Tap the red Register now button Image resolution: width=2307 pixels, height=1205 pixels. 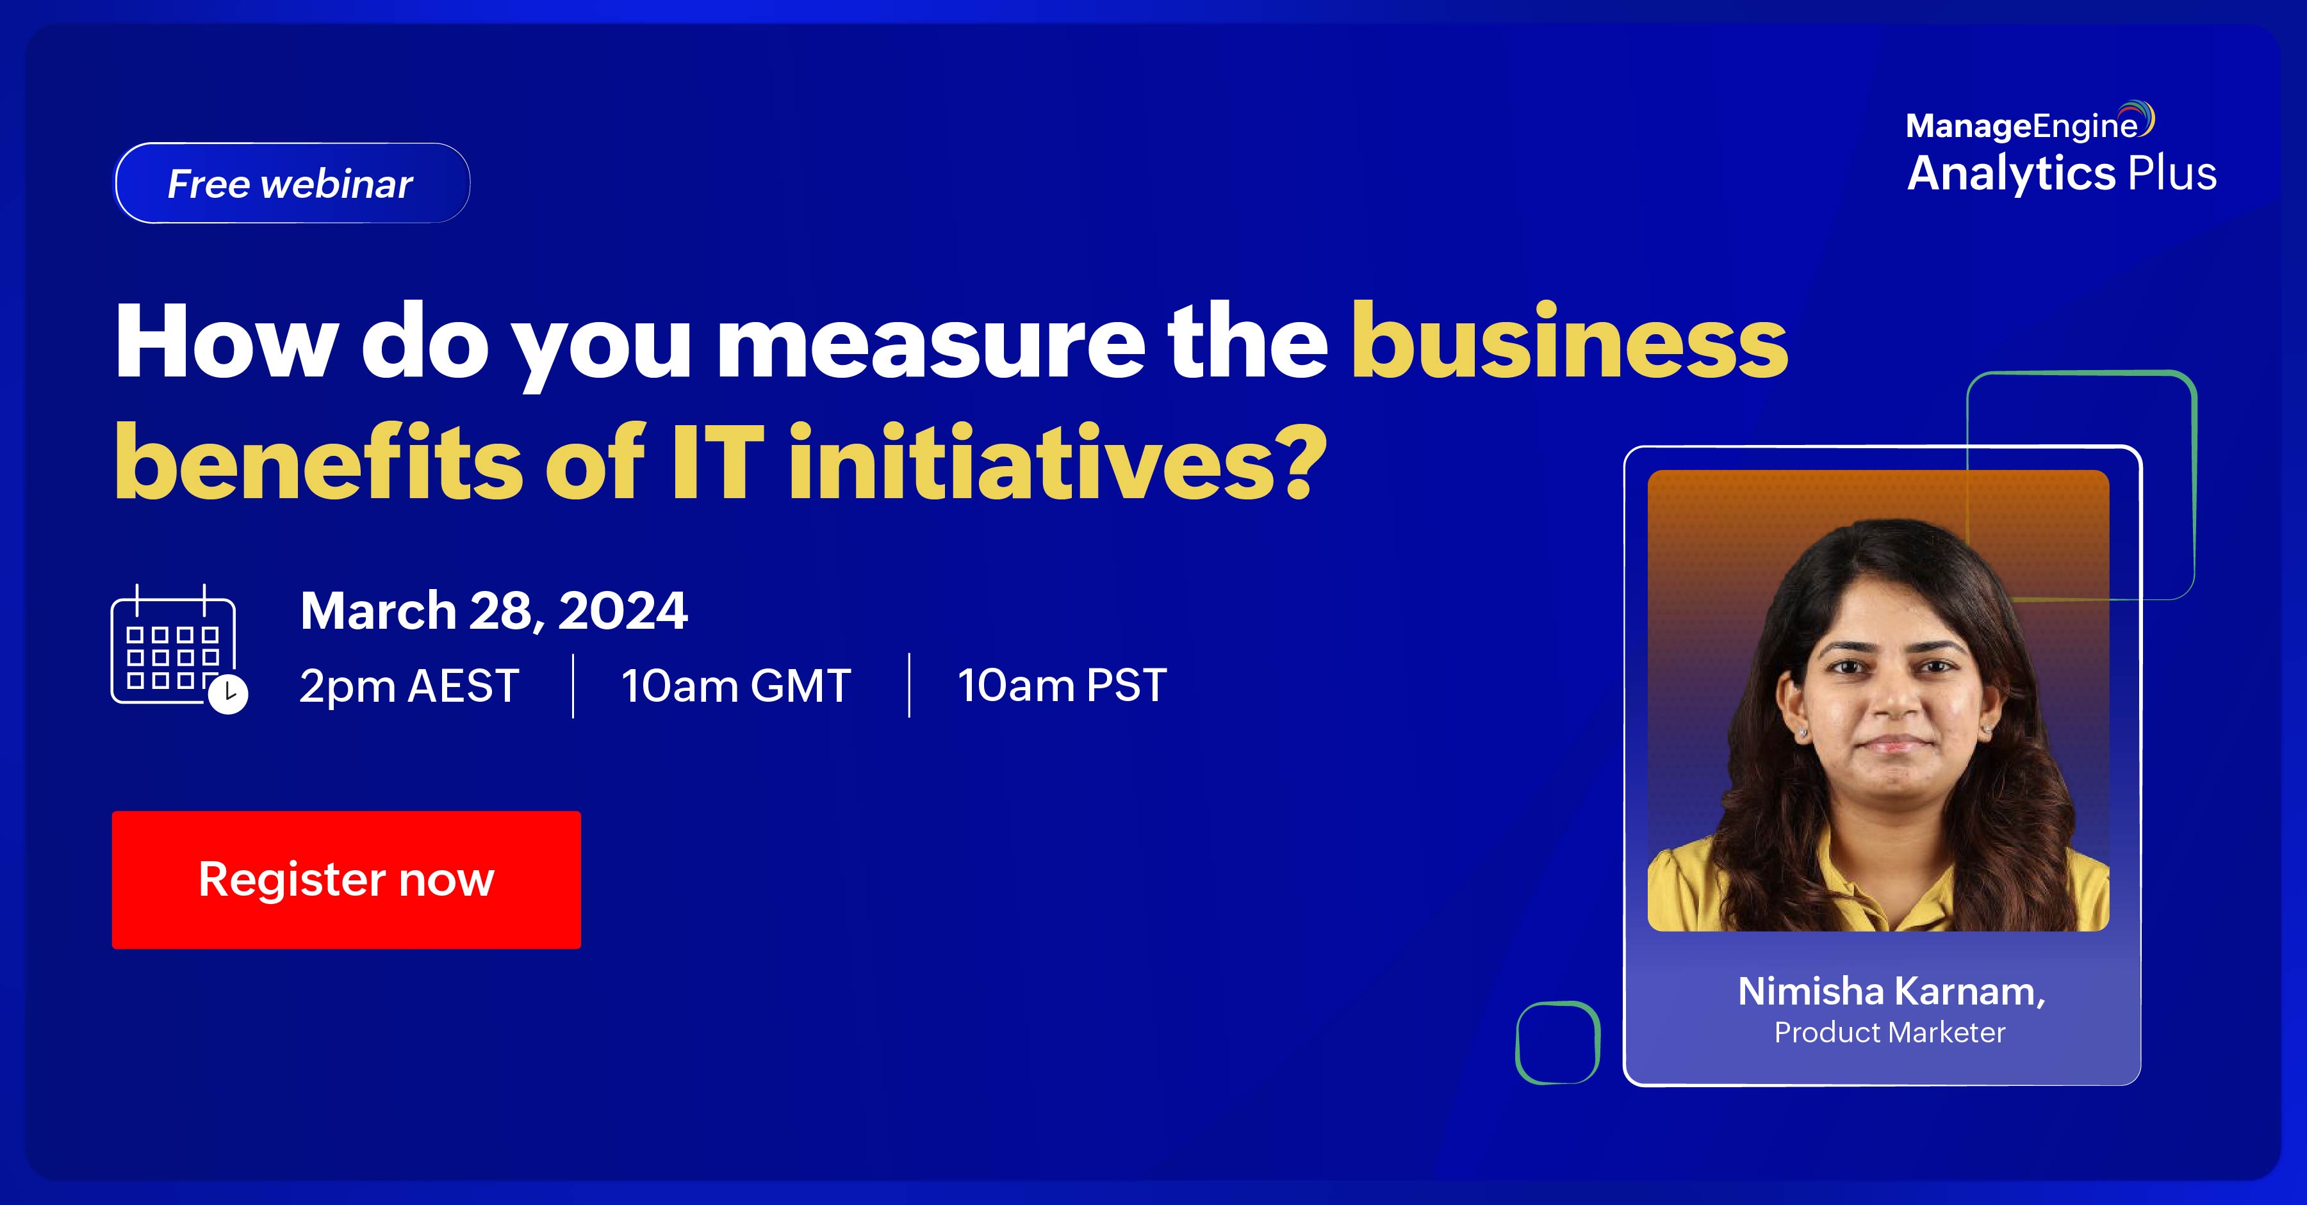pos(347,879)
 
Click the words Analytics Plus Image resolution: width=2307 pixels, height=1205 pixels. pos(2062,173)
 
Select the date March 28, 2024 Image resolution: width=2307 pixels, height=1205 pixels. pos(493,611)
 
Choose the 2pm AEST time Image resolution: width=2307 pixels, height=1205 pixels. pos(409,686)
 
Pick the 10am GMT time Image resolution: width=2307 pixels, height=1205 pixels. pos(736,686)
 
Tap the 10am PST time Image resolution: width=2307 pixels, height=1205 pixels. pos(1062,686)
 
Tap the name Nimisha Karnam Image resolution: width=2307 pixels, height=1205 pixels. pos(1891,992)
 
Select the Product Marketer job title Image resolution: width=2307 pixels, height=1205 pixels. pos(1890,1032)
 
